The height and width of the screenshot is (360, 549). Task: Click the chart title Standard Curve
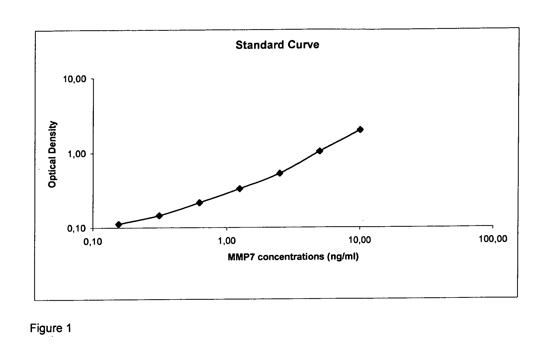click(277, 45)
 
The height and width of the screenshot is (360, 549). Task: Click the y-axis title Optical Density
click(52, 155)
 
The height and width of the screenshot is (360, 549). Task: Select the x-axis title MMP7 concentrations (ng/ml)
click(293, 257)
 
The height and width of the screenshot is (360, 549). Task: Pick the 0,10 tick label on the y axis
click(77, 229)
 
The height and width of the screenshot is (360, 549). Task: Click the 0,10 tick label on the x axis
click(92, 242)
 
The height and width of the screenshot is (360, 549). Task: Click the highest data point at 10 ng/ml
click(360, 129)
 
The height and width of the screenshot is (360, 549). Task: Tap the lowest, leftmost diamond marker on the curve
click(119, 225)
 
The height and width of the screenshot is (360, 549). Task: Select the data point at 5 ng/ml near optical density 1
click(320, 151)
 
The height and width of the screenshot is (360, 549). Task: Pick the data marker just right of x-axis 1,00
click(240, 189)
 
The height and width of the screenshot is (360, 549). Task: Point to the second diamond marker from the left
click(159, 216)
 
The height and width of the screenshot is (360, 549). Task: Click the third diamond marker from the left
click(199, 203)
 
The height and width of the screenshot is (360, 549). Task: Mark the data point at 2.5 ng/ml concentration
click(280, 173)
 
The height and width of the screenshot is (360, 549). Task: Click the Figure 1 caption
click(51, 328)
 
